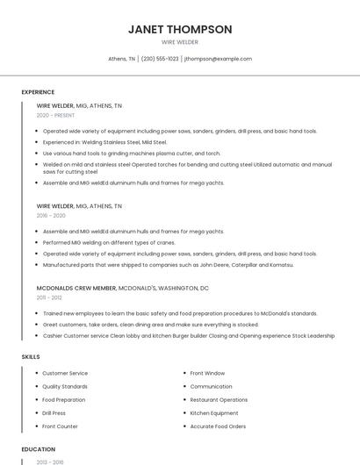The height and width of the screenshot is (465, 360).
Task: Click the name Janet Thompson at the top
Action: pos(180,29)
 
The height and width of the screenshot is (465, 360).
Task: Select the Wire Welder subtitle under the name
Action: pos(180,42)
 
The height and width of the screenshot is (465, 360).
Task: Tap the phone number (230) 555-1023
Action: pos(160,59)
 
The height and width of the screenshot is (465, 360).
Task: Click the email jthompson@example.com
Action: pos(219,59)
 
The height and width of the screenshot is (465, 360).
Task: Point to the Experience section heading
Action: pos(38,92)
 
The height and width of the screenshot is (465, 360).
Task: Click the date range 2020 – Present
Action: pos(55,115)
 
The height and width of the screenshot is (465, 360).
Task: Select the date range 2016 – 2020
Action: pos(51,215)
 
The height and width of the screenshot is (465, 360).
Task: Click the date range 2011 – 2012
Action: pos(49,297)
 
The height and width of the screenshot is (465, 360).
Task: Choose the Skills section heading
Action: pos(31,357)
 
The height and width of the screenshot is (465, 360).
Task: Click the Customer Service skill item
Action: pos(65,373)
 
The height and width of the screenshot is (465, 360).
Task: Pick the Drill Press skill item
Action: pos(54,412)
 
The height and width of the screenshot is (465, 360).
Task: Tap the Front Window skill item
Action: pos(207,373)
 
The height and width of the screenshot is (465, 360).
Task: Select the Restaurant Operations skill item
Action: pos(219,399)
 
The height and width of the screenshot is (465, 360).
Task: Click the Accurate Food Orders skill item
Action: pos(218,426)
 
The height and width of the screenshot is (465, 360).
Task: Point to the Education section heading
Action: pos(38,449)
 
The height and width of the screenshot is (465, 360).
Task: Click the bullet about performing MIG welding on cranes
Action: pos(109,242)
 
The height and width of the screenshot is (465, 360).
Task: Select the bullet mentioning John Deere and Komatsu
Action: pos(169,264)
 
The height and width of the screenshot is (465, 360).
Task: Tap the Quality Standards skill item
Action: pos(65,386)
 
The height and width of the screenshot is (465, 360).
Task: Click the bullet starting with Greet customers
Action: pos(150,325)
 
